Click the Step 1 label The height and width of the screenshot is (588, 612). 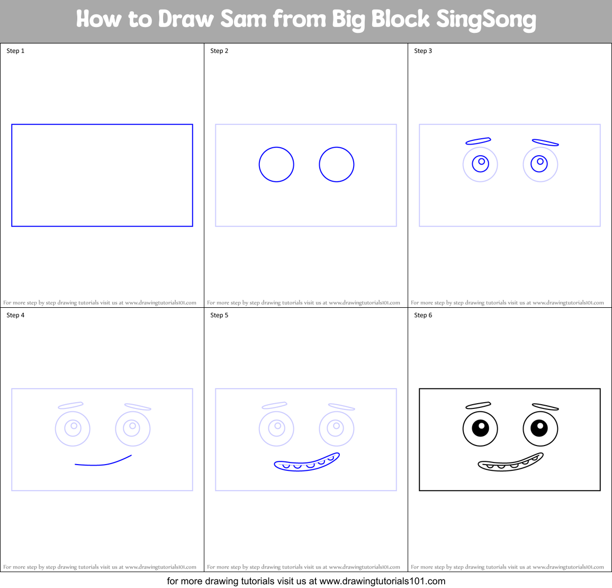click(x=15, y=51)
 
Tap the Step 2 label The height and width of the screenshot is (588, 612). click(x=219, y=51)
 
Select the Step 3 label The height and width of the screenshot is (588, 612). click(x=423, y=51)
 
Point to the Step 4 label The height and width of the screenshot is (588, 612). click(x=15, y=315)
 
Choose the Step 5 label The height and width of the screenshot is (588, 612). click(x=219, y=315)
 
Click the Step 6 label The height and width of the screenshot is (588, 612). click(x=423, y=315)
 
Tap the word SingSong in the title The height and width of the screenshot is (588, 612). click(x=486, y=20)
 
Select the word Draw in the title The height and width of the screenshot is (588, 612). click(x=186, y=20)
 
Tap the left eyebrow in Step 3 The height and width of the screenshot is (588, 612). click(x=479, y=141)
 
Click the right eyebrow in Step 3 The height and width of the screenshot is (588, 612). click(x=545, y=142)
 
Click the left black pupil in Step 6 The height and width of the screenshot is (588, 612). click(x=480, y=427)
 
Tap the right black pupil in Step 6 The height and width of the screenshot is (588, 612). click(x=539, y=427)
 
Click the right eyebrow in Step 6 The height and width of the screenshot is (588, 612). click(x=545, y=407)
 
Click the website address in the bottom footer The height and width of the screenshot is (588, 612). click(x=382, y=581)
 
